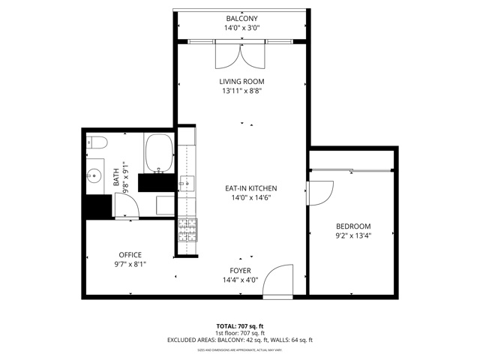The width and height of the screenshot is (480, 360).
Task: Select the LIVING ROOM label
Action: pos(241,81)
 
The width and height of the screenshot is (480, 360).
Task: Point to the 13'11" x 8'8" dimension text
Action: pos(241,91)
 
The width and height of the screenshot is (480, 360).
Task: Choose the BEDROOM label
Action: pos(352,226)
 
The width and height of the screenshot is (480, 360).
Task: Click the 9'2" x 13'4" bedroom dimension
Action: pos(352,235)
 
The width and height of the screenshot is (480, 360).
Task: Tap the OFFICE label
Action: pos(130,255)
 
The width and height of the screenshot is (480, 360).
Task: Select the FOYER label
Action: pos(241,270)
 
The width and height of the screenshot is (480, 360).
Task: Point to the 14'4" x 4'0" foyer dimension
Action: pos(241,280)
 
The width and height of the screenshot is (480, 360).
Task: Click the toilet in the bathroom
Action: pos(98,143)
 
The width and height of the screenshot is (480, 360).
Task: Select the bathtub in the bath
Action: pos(158,152)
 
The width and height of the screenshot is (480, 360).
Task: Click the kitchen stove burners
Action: pos(186,229)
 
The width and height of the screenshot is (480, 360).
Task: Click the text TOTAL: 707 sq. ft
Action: pos(240,325)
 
